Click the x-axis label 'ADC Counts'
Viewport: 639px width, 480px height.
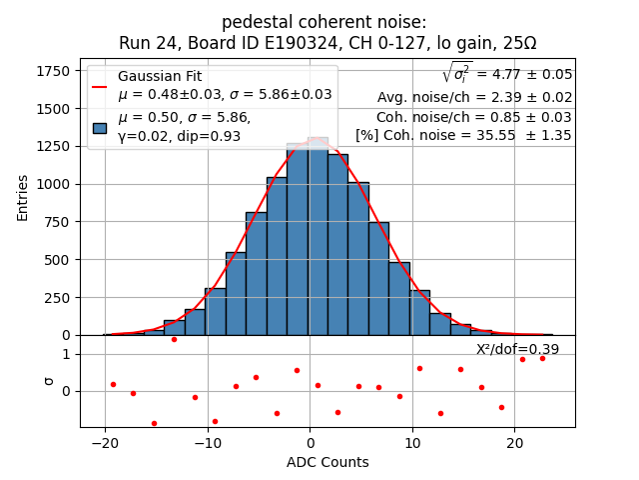tap(327, 462)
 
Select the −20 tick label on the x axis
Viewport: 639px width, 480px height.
tap(105, 443)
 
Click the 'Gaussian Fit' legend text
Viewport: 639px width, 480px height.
tap(159, 76)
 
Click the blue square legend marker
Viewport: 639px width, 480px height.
tap(100, 128)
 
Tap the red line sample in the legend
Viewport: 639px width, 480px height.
tap(100, 86)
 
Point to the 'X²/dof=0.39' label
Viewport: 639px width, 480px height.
tap(517, 349)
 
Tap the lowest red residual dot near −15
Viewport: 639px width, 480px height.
tap(154, 423)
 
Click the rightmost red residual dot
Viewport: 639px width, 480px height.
tap(542, 357)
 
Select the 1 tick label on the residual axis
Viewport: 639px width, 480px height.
tap(66, 354)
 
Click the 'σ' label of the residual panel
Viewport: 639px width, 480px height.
tap(48, 381)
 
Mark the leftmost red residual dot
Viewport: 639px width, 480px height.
tap(113, 384)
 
